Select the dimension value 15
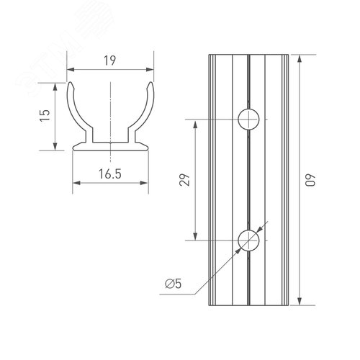(x=45, y=115)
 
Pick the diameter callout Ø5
(x=173, y=284)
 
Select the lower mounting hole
(x=248, y=239)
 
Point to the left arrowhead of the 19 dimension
(x=71, y=71)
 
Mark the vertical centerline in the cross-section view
(x=111, y=108)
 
